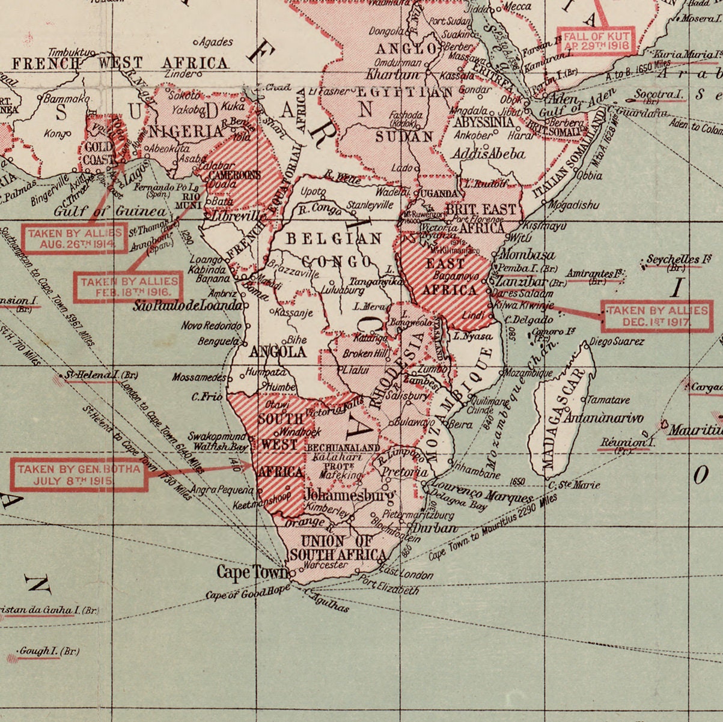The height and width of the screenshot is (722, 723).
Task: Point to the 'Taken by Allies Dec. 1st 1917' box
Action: (x=657, y=316)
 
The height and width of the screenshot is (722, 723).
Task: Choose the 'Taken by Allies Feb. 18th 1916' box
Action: (x=129, y=287)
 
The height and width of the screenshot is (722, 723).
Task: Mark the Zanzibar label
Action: (x=521, y=281)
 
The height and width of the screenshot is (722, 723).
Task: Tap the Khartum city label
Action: (x=392, y=75)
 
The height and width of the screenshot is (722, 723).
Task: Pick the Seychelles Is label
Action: (x=678, y=259)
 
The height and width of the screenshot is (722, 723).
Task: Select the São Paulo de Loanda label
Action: (x=189, y=306)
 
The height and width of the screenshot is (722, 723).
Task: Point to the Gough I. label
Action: (x=49, y=651)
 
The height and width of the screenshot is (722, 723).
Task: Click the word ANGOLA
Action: (x=278, y=351)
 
